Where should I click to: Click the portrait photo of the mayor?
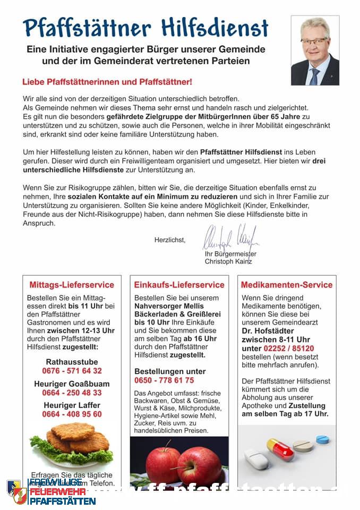[x=315, y=50]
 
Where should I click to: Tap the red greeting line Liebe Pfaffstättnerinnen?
[x=107, y=82]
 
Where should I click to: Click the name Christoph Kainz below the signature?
[x=228, y=261]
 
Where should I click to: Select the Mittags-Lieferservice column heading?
[x=72, y=285]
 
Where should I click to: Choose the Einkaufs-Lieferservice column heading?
[x=179, y=285]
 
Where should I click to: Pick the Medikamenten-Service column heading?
[x=287, y=285]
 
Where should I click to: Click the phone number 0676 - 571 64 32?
[x=72, y=371]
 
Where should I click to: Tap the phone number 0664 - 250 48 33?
[x=72, y=393]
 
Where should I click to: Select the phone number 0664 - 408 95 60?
[x=72, y=414]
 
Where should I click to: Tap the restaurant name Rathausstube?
[x=72, y=362]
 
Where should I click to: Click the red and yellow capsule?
[x=280, y=449]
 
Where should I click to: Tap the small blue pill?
[x=322, y=439]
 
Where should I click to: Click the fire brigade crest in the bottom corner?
[x=16, y=492]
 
